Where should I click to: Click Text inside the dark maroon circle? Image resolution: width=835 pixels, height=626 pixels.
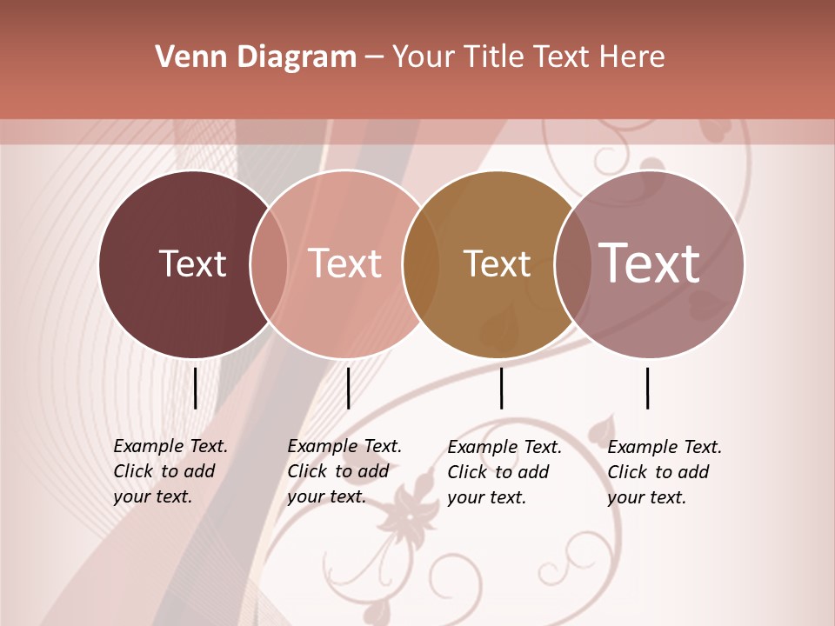tap(192, 263)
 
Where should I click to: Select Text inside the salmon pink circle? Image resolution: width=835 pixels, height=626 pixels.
tap(345, 263)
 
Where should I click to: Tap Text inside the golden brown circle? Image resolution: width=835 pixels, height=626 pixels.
tap(497, 263)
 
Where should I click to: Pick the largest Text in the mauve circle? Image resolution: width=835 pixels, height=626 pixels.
tap(650, 263)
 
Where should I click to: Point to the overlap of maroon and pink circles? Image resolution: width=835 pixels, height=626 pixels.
tap(269, 263)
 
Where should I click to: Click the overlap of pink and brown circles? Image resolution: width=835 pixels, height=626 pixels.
tap(420, 263)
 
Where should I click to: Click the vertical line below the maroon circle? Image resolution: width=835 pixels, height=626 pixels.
tap(195, 388)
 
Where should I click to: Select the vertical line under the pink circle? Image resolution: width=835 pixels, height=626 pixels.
tap(348, 388)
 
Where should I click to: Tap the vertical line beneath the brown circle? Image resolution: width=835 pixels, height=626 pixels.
tap(501, 388)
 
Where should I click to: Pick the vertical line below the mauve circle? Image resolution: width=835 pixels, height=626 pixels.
tap(647, 388)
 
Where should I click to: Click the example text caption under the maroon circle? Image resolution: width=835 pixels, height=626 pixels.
tap(170, 471)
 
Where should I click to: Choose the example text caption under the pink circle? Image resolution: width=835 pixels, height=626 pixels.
tap(344, 471)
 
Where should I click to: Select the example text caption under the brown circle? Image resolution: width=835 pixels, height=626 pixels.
tap(504, 472)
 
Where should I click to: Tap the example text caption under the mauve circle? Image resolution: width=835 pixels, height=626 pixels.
tap(664, 472)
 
